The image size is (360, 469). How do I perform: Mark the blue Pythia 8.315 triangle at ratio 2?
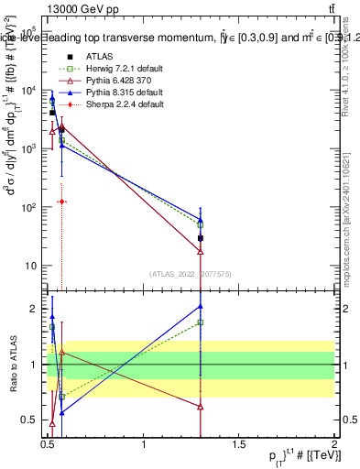(201, 306)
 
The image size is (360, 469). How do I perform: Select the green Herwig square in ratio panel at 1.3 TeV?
(201, 322)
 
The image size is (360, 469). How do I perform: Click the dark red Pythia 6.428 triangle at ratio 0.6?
(201, 407)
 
